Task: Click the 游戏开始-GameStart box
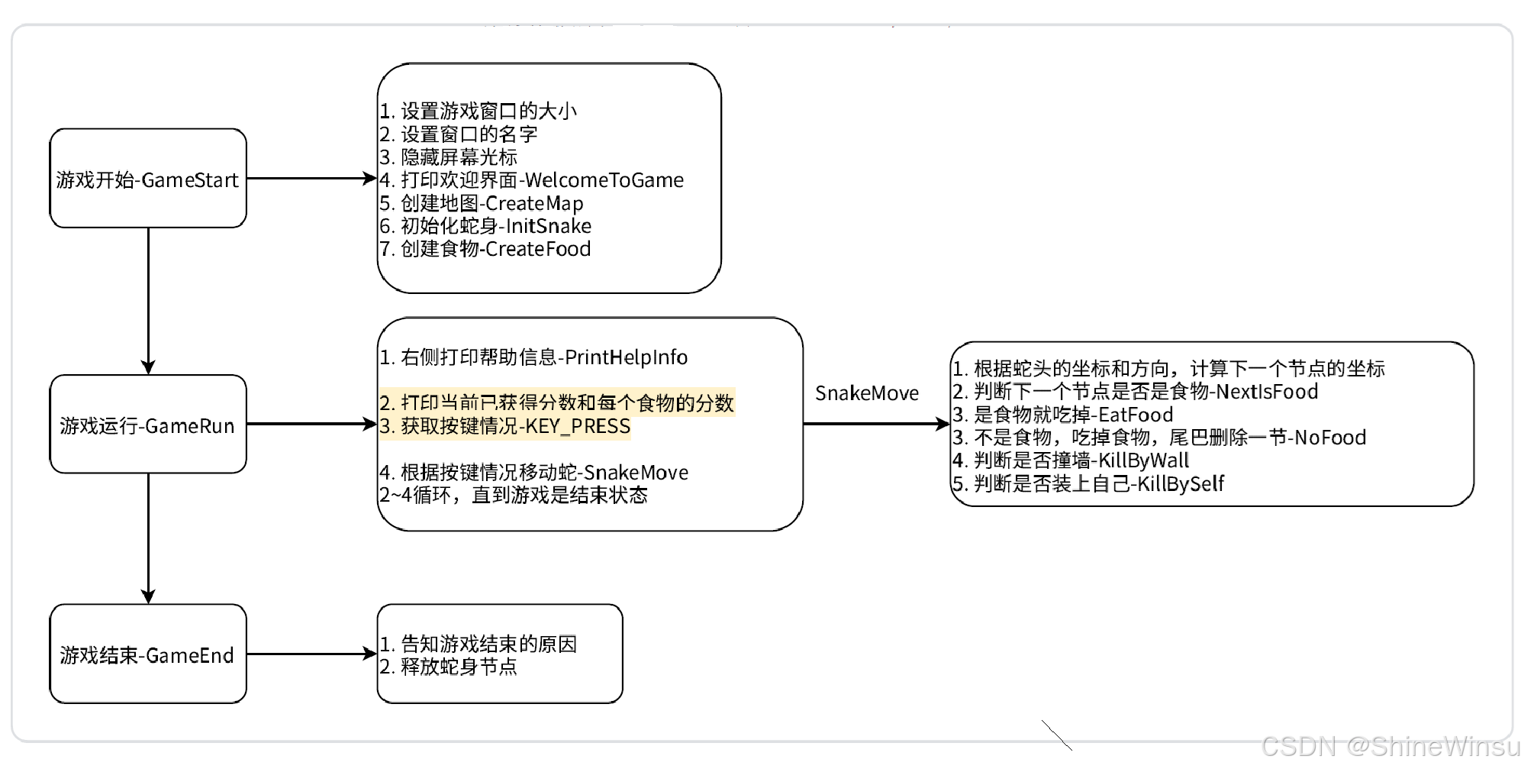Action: (x=148, y=179)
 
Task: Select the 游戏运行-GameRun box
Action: (x=148, y=425)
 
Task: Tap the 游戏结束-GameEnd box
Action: (x=148, y=654)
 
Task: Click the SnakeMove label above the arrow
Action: (x=866, y=393)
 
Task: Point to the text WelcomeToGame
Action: (x=604, y=180)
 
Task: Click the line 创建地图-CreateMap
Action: (x=482, y=203)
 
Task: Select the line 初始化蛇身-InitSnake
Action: (x=485, y=226)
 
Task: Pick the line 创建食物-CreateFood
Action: (x=485, y=249)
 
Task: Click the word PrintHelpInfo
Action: (x=626, y=357)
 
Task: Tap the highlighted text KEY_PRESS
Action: (x=577, y=426)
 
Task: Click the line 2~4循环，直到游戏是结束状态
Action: (x=513, y=495)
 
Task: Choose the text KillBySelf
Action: (x=1180, y=483)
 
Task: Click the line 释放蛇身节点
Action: (x=449, y=667)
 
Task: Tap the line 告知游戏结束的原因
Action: (x=478, y=644)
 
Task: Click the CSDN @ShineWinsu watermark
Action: (x=1390, y=745)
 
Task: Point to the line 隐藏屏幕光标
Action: (x=449, y=157)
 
